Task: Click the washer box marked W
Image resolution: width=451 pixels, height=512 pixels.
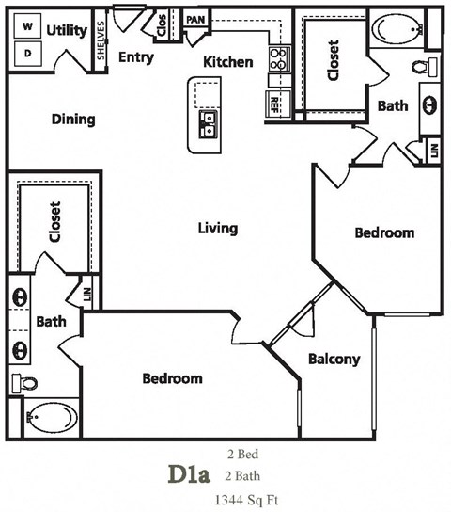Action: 27,28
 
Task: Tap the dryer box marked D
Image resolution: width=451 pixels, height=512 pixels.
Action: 27,53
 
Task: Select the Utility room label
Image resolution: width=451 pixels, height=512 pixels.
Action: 67,31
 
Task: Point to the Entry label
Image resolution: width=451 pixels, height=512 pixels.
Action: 136,57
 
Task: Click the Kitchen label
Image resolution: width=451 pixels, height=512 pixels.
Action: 228,62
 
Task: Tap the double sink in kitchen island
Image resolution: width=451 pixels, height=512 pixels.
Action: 208,123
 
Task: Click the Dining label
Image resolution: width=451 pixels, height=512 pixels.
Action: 73,120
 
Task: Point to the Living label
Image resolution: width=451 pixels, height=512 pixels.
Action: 217,228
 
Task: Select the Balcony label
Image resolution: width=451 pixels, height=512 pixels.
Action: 334,359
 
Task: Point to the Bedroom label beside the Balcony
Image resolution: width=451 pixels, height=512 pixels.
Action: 172,378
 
